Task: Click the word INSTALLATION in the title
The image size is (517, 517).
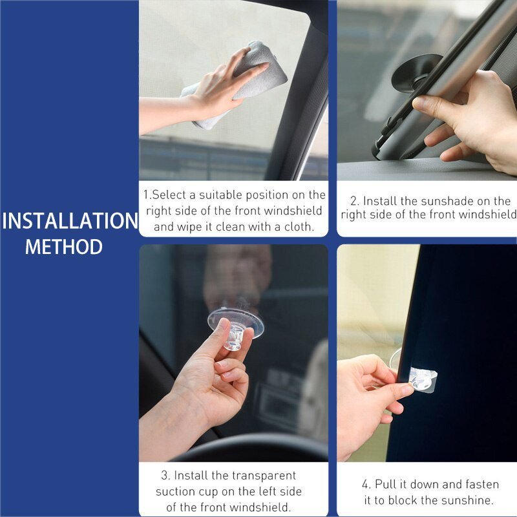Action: point(70,220)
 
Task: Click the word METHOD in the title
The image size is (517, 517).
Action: point(64,247)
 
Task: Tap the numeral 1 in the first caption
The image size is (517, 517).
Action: point(146,195)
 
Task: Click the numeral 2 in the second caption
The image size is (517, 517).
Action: point(354,201)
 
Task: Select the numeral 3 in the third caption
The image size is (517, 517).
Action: point(165,476)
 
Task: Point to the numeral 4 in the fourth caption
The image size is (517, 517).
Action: point(366,484)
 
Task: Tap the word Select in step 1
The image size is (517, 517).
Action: point(169,195)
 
